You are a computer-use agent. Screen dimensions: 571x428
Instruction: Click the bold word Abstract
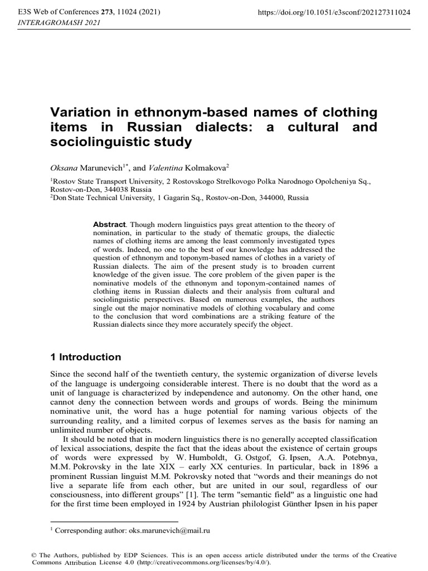(x=109, y=224)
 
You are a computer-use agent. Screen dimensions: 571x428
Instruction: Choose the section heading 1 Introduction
(x=86, y=357)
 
